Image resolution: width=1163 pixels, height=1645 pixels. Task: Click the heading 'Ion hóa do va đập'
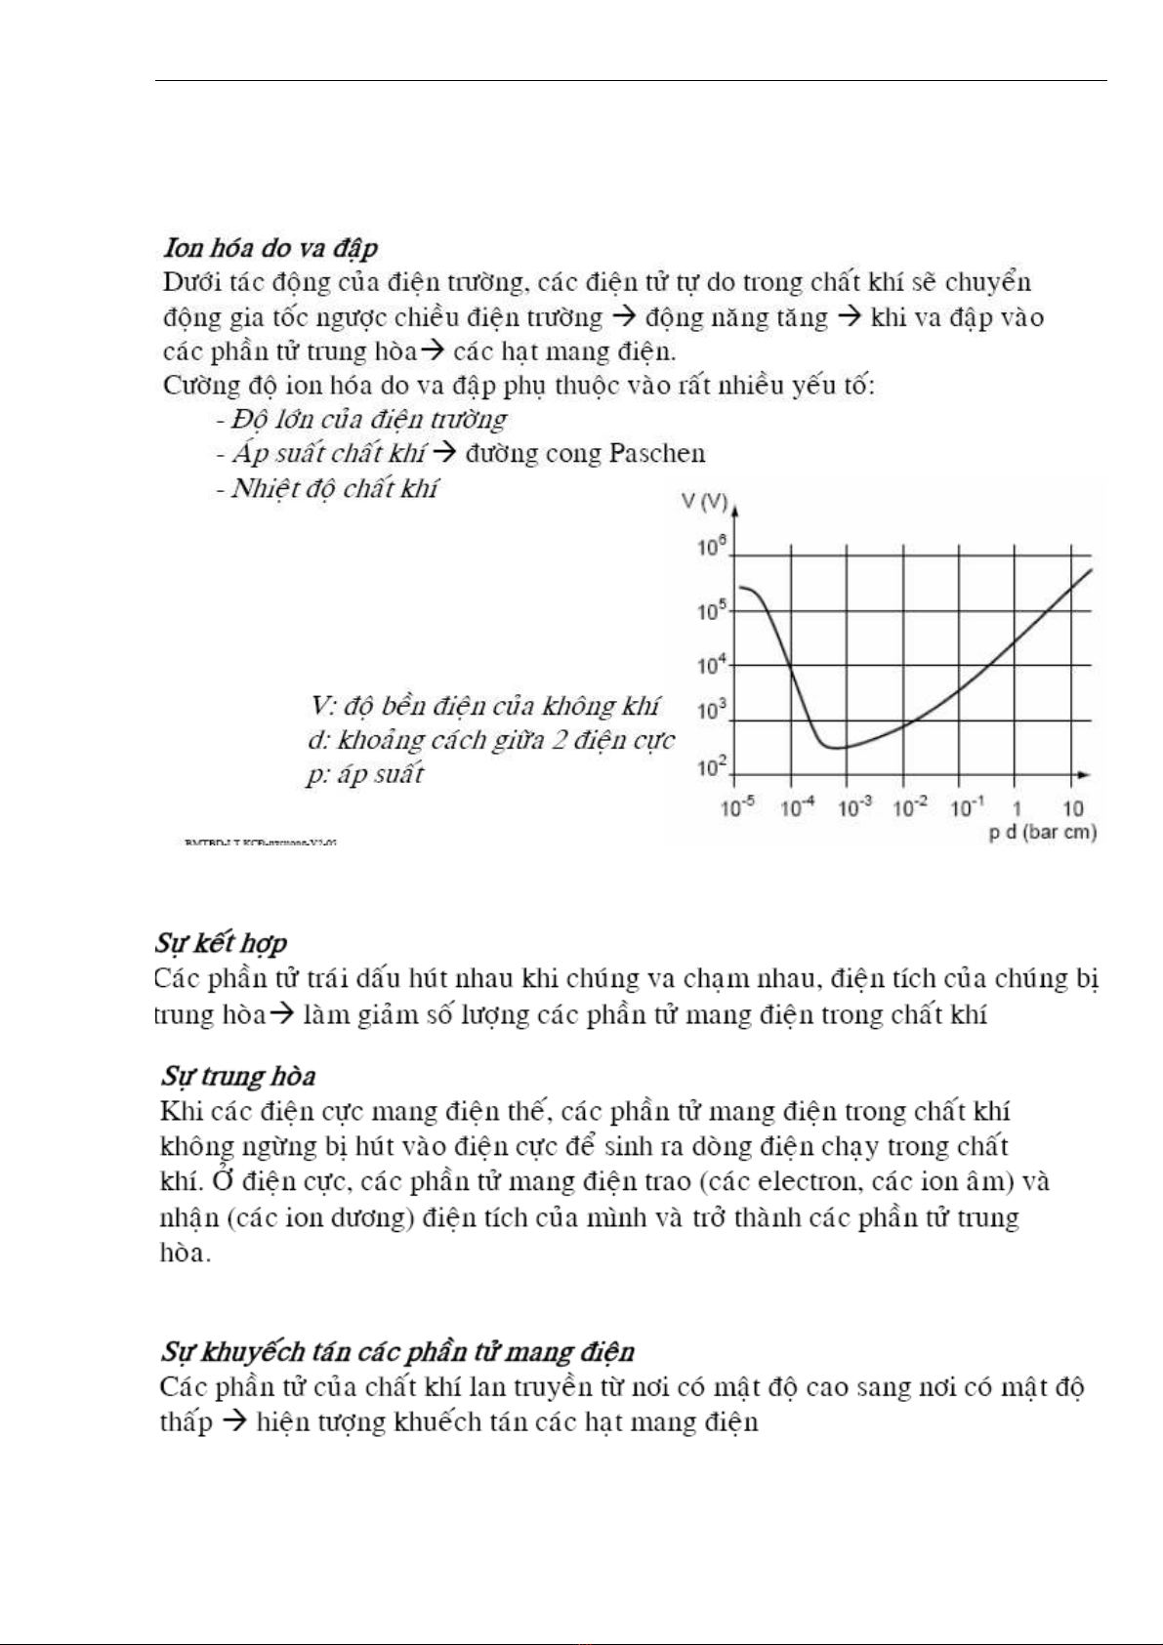270,248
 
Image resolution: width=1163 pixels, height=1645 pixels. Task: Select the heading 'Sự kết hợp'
221,943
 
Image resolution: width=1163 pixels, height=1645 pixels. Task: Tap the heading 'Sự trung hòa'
238,1076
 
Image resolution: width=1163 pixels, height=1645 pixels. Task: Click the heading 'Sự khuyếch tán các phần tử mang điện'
397,1351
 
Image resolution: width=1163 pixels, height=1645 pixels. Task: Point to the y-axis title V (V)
704,502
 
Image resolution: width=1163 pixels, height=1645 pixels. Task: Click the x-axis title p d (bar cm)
1042,833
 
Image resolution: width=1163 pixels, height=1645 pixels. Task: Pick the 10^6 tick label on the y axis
712,547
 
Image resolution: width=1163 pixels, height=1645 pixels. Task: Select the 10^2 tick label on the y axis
712,767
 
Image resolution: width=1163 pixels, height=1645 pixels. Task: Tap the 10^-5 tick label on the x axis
737,807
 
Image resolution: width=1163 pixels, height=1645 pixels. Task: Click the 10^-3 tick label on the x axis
854,807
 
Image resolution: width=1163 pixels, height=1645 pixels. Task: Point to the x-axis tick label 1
1017,808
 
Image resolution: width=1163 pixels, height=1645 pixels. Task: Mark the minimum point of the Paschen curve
832,748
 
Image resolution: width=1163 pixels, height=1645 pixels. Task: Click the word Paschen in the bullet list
657,453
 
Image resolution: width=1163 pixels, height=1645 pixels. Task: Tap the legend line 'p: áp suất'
364,774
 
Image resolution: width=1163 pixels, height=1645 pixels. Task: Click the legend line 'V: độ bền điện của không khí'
484,705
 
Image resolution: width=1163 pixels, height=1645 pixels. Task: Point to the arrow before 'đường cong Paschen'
444,453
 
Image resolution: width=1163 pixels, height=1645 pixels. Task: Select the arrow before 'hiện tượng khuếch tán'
233,1421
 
